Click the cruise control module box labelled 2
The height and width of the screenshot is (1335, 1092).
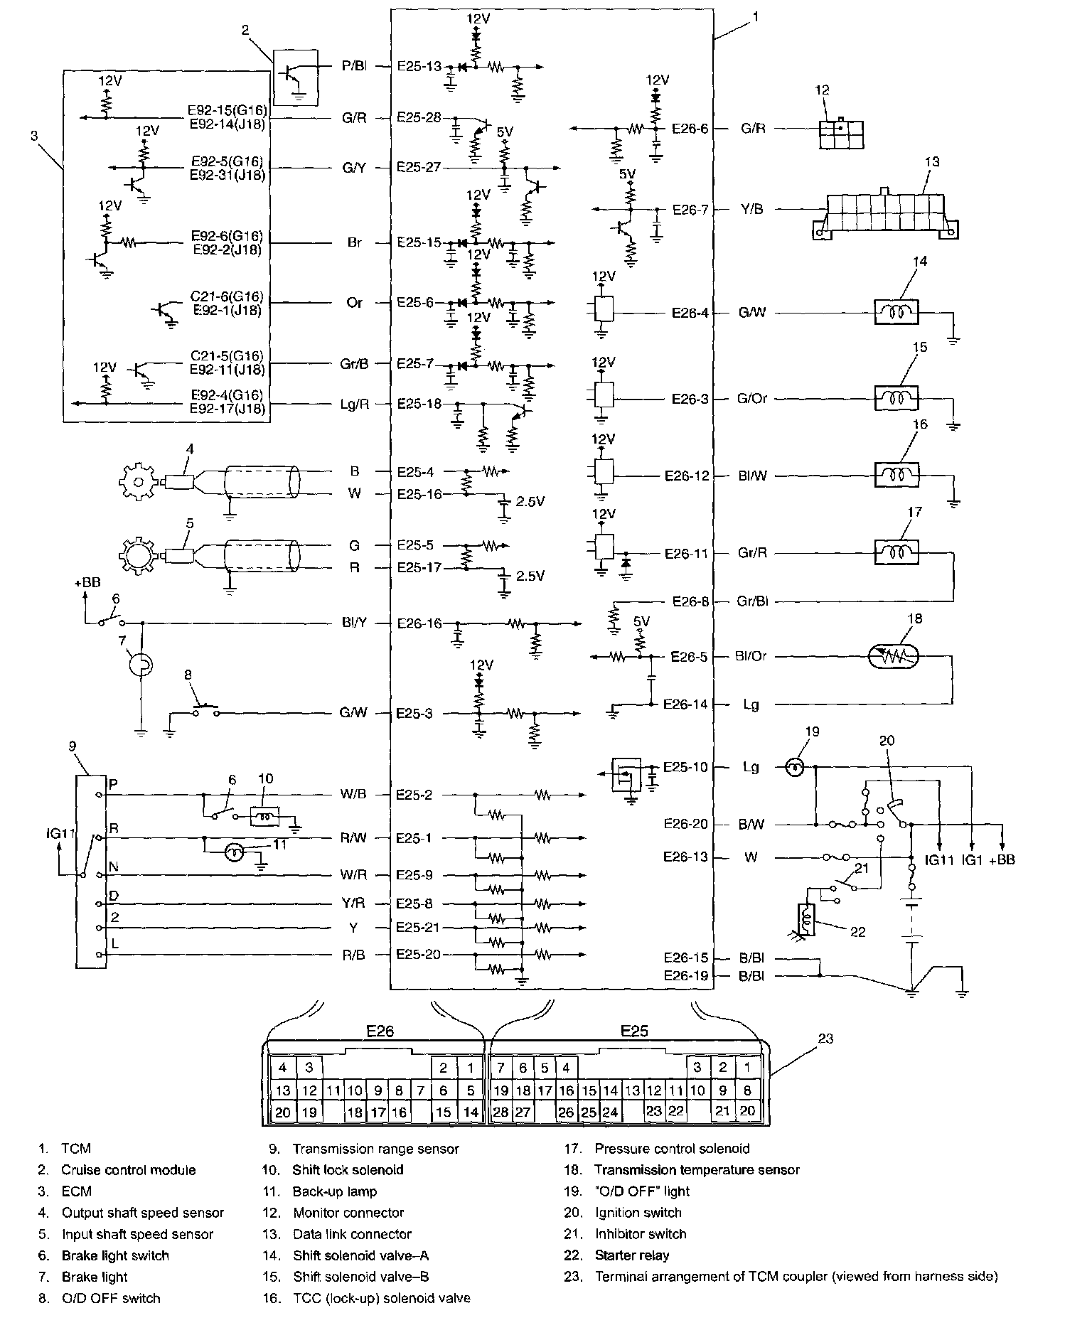pyautogui.click(x=296, y=77)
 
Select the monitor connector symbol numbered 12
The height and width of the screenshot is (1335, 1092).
pyautogui.click(x=841, y=132)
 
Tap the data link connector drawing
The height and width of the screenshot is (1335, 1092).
pyautogui.click(x=886, y=211)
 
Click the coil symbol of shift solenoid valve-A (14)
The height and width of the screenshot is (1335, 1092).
pyautogui.click(x=896, y=312)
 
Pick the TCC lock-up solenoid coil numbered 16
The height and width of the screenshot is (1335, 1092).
pyautogui.click(x=896, y=474)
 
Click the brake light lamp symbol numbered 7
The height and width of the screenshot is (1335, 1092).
pyautogui.click(x=141, y=665)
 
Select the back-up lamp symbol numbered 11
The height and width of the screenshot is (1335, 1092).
pyautogui.click(x=234, y=852)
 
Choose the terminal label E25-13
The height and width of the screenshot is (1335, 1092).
pyautogui.click(x=419, y=66)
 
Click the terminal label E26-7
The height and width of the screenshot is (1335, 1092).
pyautogui.click(x=690, y=210)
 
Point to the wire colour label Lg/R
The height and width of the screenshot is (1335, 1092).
pyautogui.click(x=354, y=404)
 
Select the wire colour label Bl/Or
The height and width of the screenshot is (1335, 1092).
pyautogui.click(x=751, y=656)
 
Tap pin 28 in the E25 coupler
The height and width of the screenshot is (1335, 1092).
pyautogui.click(x=500, y=1112)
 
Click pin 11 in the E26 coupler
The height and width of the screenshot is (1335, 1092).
pyautogui.click(x=333, y=1090)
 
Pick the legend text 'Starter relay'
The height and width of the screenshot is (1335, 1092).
pyautogui.click(x=632, y=1255)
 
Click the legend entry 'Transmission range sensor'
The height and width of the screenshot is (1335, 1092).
pyautogui.click(x=375, y=1149)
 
